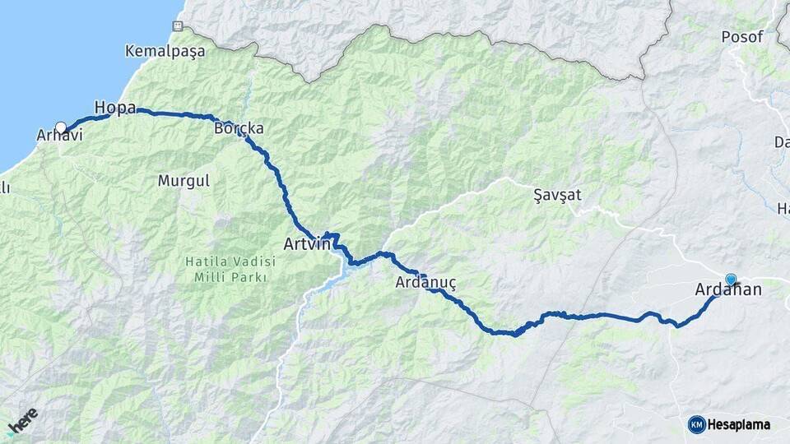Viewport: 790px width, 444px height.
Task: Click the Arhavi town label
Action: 60,136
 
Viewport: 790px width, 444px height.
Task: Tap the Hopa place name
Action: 114,108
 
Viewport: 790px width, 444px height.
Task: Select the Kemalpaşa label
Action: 163,51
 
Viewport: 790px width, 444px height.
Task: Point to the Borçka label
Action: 239,129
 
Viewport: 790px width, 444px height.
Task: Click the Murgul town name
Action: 184,179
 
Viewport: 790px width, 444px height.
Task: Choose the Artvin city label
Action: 306,244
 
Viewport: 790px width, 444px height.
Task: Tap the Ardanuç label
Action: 425,283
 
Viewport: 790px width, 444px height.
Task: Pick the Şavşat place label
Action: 557,195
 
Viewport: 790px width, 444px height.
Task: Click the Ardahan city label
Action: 728,289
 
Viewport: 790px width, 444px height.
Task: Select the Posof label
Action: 742,37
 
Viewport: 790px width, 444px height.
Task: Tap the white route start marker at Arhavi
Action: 61,127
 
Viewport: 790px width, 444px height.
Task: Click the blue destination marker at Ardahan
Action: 730,279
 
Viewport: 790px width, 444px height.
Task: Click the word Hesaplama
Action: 739,424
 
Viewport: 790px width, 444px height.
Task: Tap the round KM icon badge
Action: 696,424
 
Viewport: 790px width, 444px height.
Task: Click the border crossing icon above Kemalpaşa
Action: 177,26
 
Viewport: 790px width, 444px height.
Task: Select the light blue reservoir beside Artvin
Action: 346,268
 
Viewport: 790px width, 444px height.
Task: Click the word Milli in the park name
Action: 210,277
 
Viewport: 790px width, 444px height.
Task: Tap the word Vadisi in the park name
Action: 253,261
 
